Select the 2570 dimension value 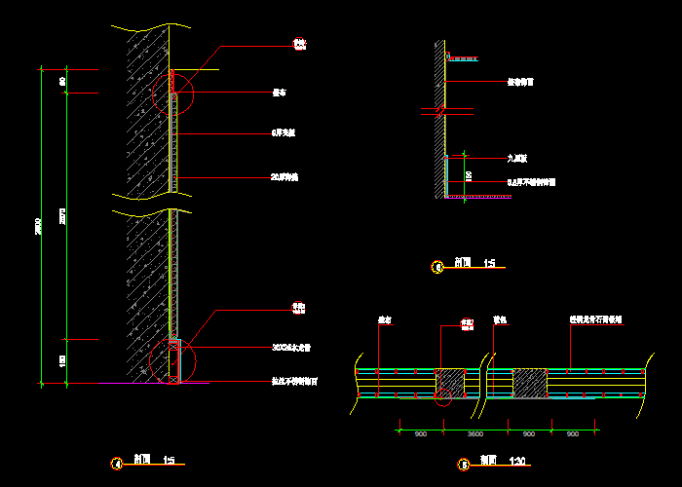coord(63,215)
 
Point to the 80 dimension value coord(63,82)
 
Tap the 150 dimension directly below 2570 coord(63,360)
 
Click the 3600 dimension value coord(475,432)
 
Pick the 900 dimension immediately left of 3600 coord(420,432)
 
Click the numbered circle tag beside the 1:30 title coord(465,465)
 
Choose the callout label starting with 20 coord(284,177)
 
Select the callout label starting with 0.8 coord(531,181)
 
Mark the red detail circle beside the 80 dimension coord(173,94)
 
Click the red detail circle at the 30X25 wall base coord(173,361)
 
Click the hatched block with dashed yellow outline coord(529,383)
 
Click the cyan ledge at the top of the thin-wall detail coord(463,59)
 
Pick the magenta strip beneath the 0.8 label coord(478,197)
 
